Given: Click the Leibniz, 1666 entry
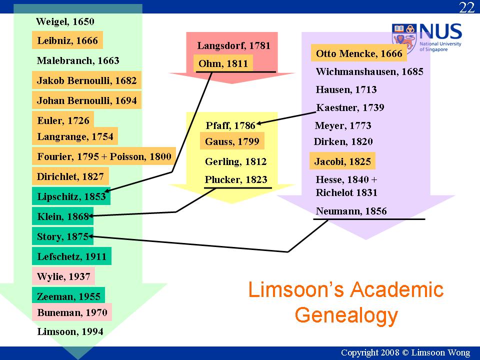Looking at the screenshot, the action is (67, 40).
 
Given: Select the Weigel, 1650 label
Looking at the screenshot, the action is (65, 21).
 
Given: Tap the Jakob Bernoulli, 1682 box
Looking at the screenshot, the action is (86, 80).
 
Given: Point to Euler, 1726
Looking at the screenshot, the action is (63, 120).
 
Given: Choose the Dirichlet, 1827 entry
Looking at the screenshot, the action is (70, 176).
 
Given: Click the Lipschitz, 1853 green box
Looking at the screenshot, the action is (71, 196).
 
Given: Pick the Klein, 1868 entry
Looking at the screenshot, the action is (63, 216).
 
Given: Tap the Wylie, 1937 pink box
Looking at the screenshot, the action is (63, 276).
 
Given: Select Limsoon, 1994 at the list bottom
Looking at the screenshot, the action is (70, 331).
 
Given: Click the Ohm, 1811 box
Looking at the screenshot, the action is (223, 63).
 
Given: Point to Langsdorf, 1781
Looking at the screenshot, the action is (234, 45).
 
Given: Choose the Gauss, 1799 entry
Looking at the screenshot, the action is (232, 141).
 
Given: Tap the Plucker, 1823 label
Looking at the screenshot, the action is (236, 179).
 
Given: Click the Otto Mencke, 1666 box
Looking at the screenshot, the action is (359, 53).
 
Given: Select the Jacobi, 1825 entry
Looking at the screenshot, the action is (342, 161).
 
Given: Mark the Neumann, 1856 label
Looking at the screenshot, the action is (351, 211).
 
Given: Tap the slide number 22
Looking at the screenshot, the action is (466, 7).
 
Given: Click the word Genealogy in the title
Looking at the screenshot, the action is (346, 316).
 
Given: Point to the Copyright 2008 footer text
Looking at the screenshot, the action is (405, 352).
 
